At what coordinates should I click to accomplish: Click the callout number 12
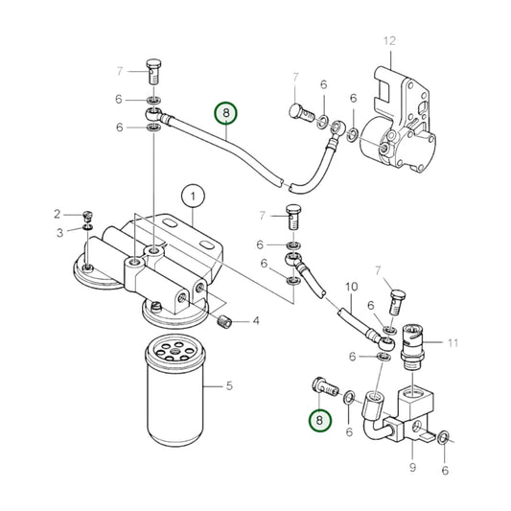coord(388,40)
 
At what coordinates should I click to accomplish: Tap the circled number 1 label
coord(193,197)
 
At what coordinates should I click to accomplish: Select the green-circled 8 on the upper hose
coord(226,114)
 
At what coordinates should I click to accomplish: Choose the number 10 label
coord(350,287)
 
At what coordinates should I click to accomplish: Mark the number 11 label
coord(453,342)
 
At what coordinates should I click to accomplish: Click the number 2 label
coord(58,213)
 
